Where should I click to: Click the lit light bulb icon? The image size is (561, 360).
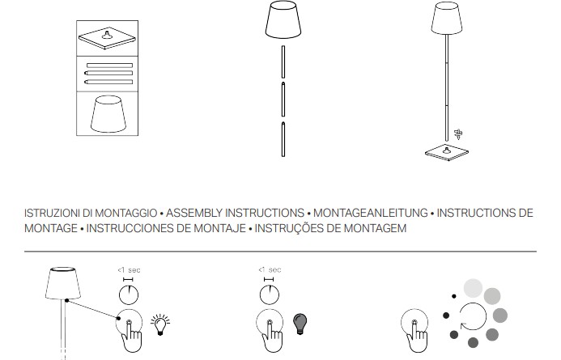[x=160, y=324]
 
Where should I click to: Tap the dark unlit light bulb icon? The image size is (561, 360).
[x=300, y=324]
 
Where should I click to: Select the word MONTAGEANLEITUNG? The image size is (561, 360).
[x=370, y=213]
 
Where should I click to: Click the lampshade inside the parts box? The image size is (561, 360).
[x=108, y=114]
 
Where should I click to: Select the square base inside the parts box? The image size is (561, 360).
[x=108, y=38]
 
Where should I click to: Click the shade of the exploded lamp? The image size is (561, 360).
[x=283, y=19]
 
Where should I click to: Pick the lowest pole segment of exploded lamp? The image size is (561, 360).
[x=283, y=139]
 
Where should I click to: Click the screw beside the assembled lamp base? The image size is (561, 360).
[x=458, y=134]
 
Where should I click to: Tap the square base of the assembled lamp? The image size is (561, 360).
[x=447, y=152]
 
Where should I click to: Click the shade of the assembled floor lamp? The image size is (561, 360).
[x=447, y=19]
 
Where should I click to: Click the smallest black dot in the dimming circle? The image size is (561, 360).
[x=453, y=296]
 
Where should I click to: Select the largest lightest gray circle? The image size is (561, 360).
[x=473, y=288]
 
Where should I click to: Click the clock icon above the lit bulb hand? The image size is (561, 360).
[x=129, y=294]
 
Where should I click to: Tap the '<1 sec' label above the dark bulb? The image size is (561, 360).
[x=270, y=269]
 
